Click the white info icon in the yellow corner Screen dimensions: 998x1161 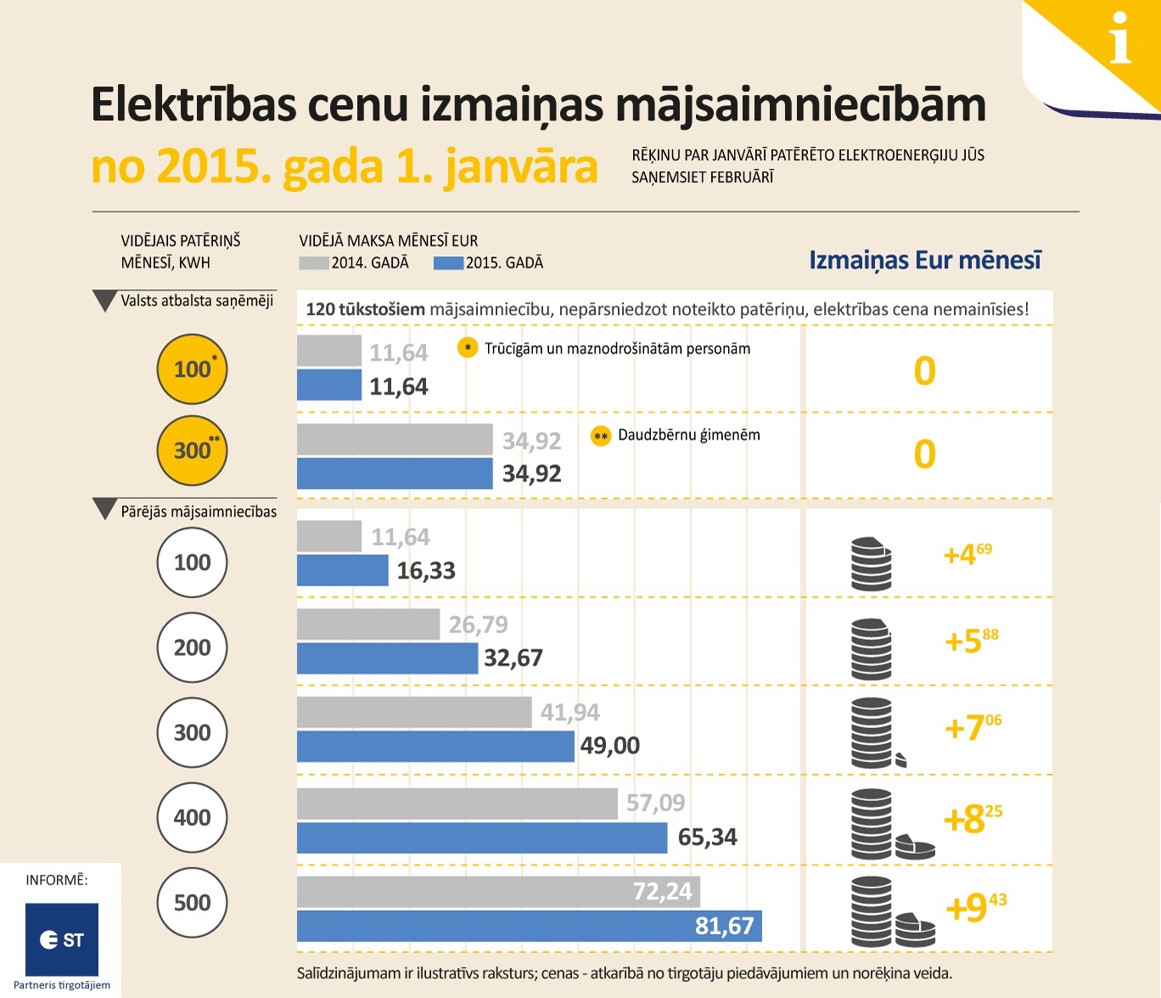1120,38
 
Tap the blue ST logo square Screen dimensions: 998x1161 62,939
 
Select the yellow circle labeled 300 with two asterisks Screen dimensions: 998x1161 193,451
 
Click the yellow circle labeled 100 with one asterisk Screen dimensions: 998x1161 193,369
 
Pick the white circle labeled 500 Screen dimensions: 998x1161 193,902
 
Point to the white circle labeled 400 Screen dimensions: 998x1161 193,817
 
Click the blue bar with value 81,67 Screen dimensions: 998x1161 529,926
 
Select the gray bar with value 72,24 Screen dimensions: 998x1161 498,891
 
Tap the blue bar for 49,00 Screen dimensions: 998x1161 435,746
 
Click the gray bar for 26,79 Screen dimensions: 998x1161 368,625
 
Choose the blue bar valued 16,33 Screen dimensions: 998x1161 343,570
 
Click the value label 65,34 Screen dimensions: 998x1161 707,838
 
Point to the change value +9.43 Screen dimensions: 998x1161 975,907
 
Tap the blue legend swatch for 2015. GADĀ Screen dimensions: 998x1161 448,263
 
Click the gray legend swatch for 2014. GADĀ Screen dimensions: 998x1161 314,263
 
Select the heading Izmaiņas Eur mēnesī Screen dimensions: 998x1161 924,260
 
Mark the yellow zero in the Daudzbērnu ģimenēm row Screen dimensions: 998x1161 924,454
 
